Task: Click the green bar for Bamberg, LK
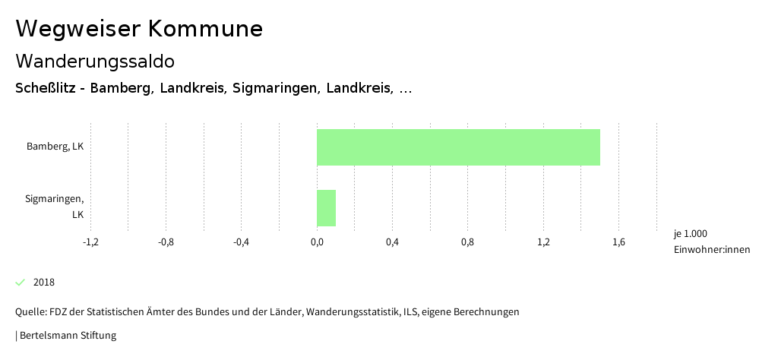[458, 147]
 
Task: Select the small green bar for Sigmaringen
[326, 208]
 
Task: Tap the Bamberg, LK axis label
[55, 147]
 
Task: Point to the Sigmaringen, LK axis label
[55, 207]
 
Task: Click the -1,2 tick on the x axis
[90, 242]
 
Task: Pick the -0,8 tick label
[166, 242]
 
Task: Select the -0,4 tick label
[241, 242]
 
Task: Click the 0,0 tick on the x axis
[317, 242]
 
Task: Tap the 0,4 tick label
[392, 242]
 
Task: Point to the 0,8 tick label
[467, 242]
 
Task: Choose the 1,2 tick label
[543, 242]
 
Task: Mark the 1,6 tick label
[618, 242]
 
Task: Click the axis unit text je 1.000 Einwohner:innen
[711, 242]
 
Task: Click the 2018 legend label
[44, 283]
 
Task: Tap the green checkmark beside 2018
[21, 283]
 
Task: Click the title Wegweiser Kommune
[139, 29]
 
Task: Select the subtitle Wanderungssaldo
[95, 61]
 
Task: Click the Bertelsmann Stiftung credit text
[67, 335]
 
